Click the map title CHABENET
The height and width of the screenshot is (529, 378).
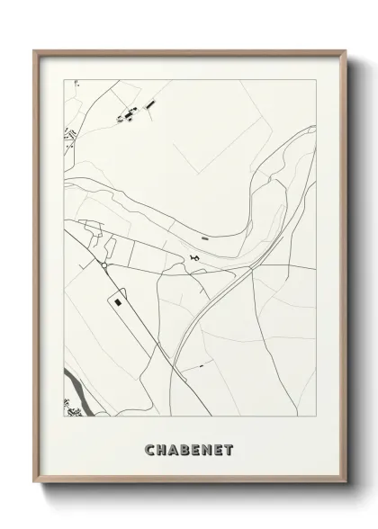click(188, 449)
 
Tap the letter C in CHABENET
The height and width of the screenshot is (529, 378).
click(148, 449)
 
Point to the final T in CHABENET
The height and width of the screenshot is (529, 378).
click(229, 449)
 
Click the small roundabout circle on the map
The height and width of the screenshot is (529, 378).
click(104, 266)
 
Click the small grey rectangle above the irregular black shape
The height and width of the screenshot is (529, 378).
click(204, 238)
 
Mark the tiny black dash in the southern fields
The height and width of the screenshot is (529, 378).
click(202, 366)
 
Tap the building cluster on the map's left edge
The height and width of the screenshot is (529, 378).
click(67, 137)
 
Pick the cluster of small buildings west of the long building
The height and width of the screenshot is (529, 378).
click(129, 114)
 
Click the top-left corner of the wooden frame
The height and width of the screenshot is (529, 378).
click(36, 51)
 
